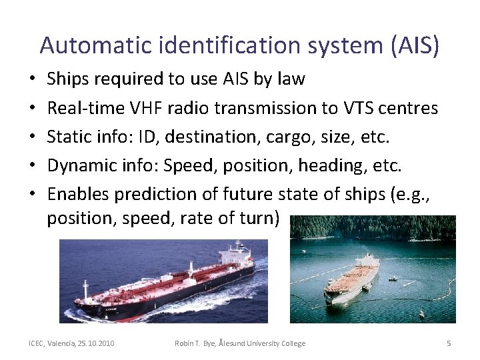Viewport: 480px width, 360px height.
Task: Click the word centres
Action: (x=411, y=108)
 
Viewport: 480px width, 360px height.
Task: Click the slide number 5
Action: (x=448, y=343)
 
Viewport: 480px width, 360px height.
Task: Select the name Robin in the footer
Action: (x=185, y=343)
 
